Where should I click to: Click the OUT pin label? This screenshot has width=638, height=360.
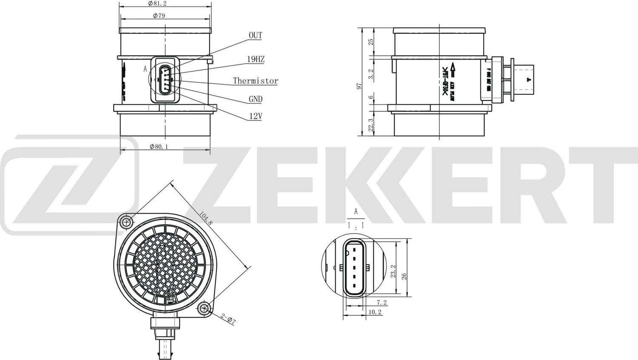tap(255, 35)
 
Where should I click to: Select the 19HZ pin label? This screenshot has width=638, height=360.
tap(256, 59)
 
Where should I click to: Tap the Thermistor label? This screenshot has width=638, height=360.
tap(255, 81)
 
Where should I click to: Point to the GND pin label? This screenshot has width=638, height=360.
tap(255, 99)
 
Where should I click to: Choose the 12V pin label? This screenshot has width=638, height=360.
tap(255, 116)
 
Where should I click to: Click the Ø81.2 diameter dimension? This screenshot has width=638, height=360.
tap(157, 3)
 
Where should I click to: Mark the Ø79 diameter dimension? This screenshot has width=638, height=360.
tap(159, 16)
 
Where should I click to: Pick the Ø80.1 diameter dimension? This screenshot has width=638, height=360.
tap(159, 146)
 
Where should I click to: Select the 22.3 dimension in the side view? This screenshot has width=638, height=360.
tap(370, 125)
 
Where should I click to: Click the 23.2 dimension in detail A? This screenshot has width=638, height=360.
tap(393, 271)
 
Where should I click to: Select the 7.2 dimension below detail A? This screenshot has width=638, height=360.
tap(381, 303)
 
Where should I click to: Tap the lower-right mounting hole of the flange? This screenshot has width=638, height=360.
tap(205, 308)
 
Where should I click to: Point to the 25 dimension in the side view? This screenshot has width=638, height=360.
tap(370, 42)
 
